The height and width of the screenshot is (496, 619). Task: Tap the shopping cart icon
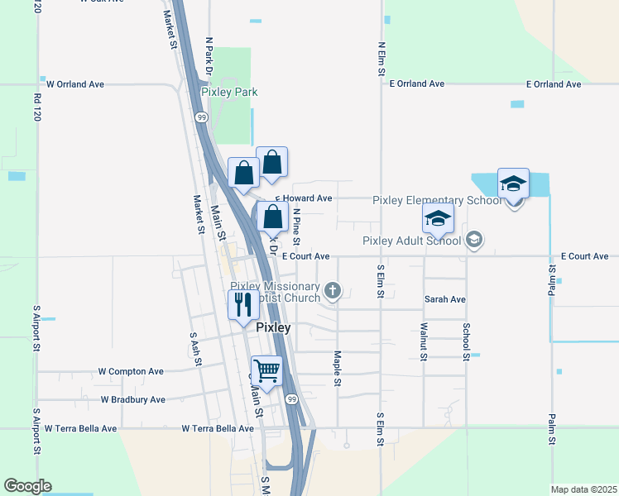267,372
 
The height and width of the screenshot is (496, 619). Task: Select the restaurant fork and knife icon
242,305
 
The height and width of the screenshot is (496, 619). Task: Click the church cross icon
333,289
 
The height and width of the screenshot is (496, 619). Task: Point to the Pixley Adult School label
411,241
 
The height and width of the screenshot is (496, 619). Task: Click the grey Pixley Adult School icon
474,241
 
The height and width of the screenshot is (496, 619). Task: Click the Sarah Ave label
445,299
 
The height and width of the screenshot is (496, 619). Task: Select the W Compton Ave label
131,372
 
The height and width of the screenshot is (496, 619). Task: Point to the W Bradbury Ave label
132,399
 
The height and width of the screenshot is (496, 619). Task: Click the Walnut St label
424,340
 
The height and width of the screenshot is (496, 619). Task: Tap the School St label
467,341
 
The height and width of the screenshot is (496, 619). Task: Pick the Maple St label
338,369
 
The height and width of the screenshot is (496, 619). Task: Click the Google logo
27,486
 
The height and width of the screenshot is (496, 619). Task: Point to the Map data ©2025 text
583,489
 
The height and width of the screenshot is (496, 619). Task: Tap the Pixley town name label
273,327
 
